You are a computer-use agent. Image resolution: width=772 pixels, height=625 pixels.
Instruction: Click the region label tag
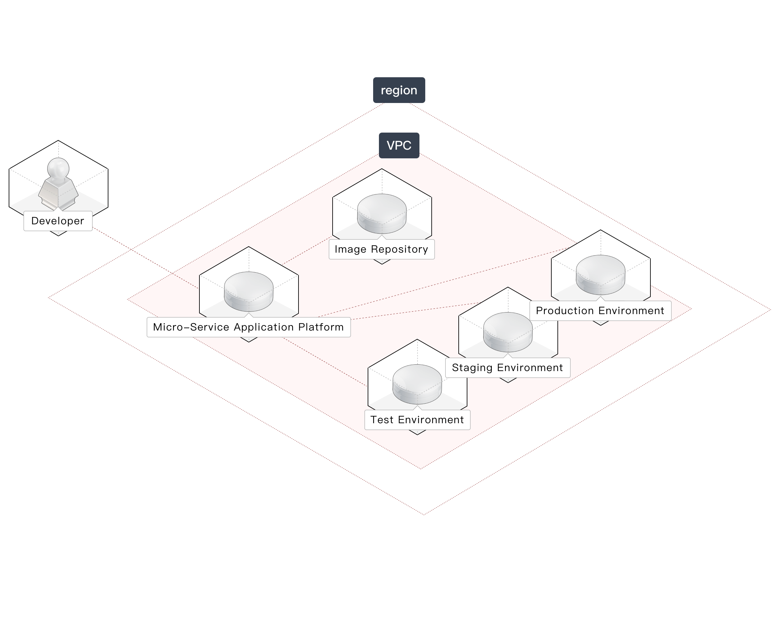point(399,90)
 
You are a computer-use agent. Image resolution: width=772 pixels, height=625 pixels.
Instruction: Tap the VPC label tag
point(399,145)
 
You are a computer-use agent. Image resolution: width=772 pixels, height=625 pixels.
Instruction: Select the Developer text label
point(58,221)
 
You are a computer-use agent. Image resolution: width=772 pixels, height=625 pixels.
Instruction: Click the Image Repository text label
point(381,249)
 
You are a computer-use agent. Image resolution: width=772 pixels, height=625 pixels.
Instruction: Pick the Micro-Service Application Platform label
point(248,327)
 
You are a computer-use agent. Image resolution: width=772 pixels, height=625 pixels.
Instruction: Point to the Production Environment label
point(600,311)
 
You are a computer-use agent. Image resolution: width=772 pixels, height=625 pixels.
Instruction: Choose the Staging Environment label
point(507,368)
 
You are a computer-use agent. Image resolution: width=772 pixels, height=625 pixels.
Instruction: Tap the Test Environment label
point(417,420)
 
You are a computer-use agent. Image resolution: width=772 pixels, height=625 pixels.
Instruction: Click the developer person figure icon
point(58,185)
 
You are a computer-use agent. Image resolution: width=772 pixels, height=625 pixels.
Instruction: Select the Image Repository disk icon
point(382,213)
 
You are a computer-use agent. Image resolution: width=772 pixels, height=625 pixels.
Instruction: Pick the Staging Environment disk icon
point(508,331)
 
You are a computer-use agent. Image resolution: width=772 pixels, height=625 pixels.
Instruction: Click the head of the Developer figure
point(58,167)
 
